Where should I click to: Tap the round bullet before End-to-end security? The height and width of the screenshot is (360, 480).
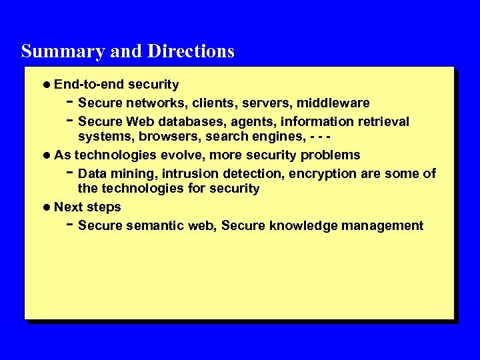point(47,85)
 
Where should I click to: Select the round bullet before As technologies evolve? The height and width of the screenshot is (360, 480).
point(47,155)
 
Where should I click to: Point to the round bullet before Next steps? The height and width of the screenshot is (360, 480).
point(47,207)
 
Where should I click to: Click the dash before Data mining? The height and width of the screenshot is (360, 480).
point(70,172)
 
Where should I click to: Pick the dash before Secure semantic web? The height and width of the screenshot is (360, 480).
point(70,224)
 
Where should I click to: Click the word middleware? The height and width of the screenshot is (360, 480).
point(333,103)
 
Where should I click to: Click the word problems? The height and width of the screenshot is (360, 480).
point(330,155)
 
